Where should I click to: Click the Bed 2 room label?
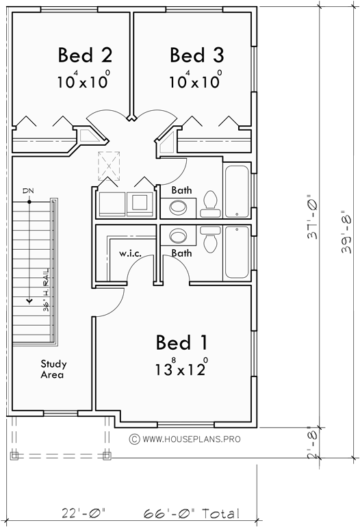coord(85,54)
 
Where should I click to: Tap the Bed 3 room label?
coord(196,54)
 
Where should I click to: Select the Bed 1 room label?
coord(181,342)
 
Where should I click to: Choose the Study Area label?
coord(53,370)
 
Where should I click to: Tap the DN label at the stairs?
coord(28,190)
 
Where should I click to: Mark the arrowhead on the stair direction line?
coord(29,298)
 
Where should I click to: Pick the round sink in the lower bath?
coord(179,236)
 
